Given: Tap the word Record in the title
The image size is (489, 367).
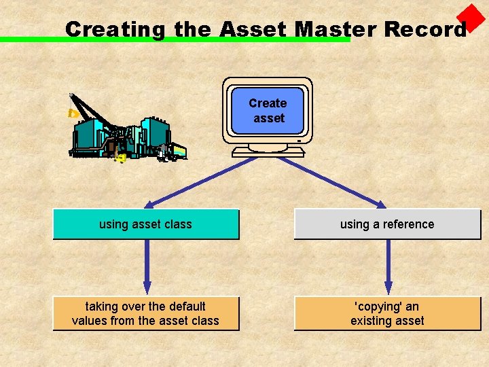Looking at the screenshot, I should (425, 29).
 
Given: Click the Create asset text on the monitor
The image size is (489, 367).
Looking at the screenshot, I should (268, 111).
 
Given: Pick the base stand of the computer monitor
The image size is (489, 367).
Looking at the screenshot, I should (268, 151).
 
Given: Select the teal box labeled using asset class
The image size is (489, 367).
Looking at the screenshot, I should (146, 224).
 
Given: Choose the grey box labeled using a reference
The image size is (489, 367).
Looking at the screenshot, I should (387, 224).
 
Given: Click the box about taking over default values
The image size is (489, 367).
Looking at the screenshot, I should (146, 314).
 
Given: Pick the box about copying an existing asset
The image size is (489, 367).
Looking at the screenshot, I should (387, 314).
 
